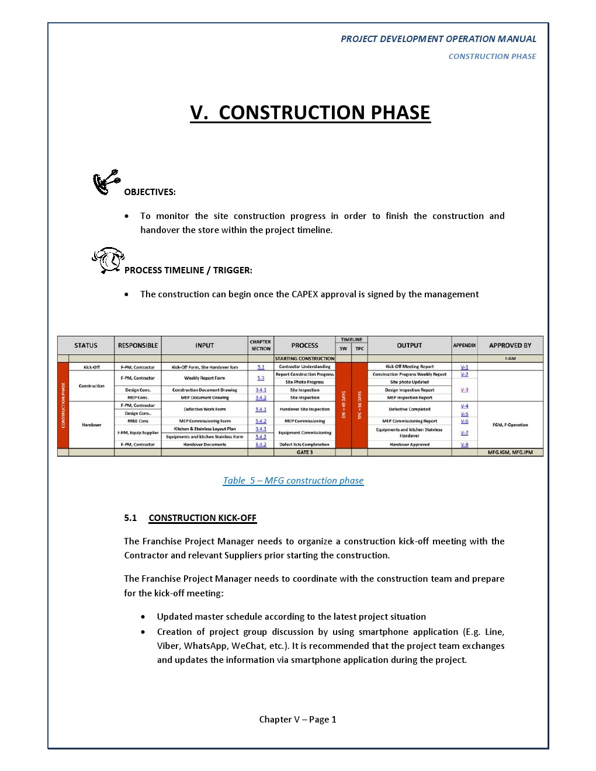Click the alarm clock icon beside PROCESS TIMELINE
108,260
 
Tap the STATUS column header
86,345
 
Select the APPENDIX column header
465,345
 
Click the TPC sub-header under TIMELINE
360,349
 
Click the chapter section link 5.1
261,367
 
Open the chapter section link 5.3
261,378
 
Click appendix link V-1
465,367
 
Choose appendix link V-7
465,433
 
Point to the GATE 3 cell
304,452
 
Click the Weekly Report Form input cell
205,378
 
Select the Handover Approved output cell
410,444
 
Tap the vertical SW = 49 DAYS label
344,405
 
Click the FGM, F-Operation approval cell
510,425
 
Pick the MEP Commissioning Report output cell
410,421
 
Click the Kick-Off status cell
92,367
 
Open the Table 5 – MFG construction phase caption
293,481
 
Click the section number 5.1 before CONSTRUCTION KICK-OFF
130,518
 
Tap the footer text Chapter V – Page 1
298,720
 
